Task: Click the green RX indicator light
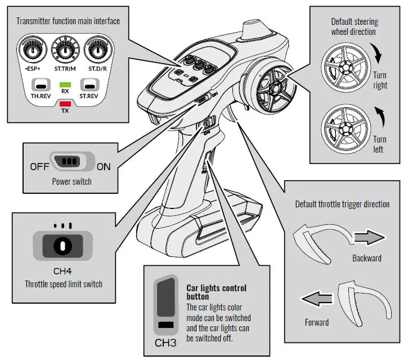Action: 65,84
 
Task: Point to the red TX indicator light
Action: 65,103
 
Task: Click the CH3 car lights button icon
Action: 165,304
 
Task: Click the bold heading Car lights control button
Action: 216,292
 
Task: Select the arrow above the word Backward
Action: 369,239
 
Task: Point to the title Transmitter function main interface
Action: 68,21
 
